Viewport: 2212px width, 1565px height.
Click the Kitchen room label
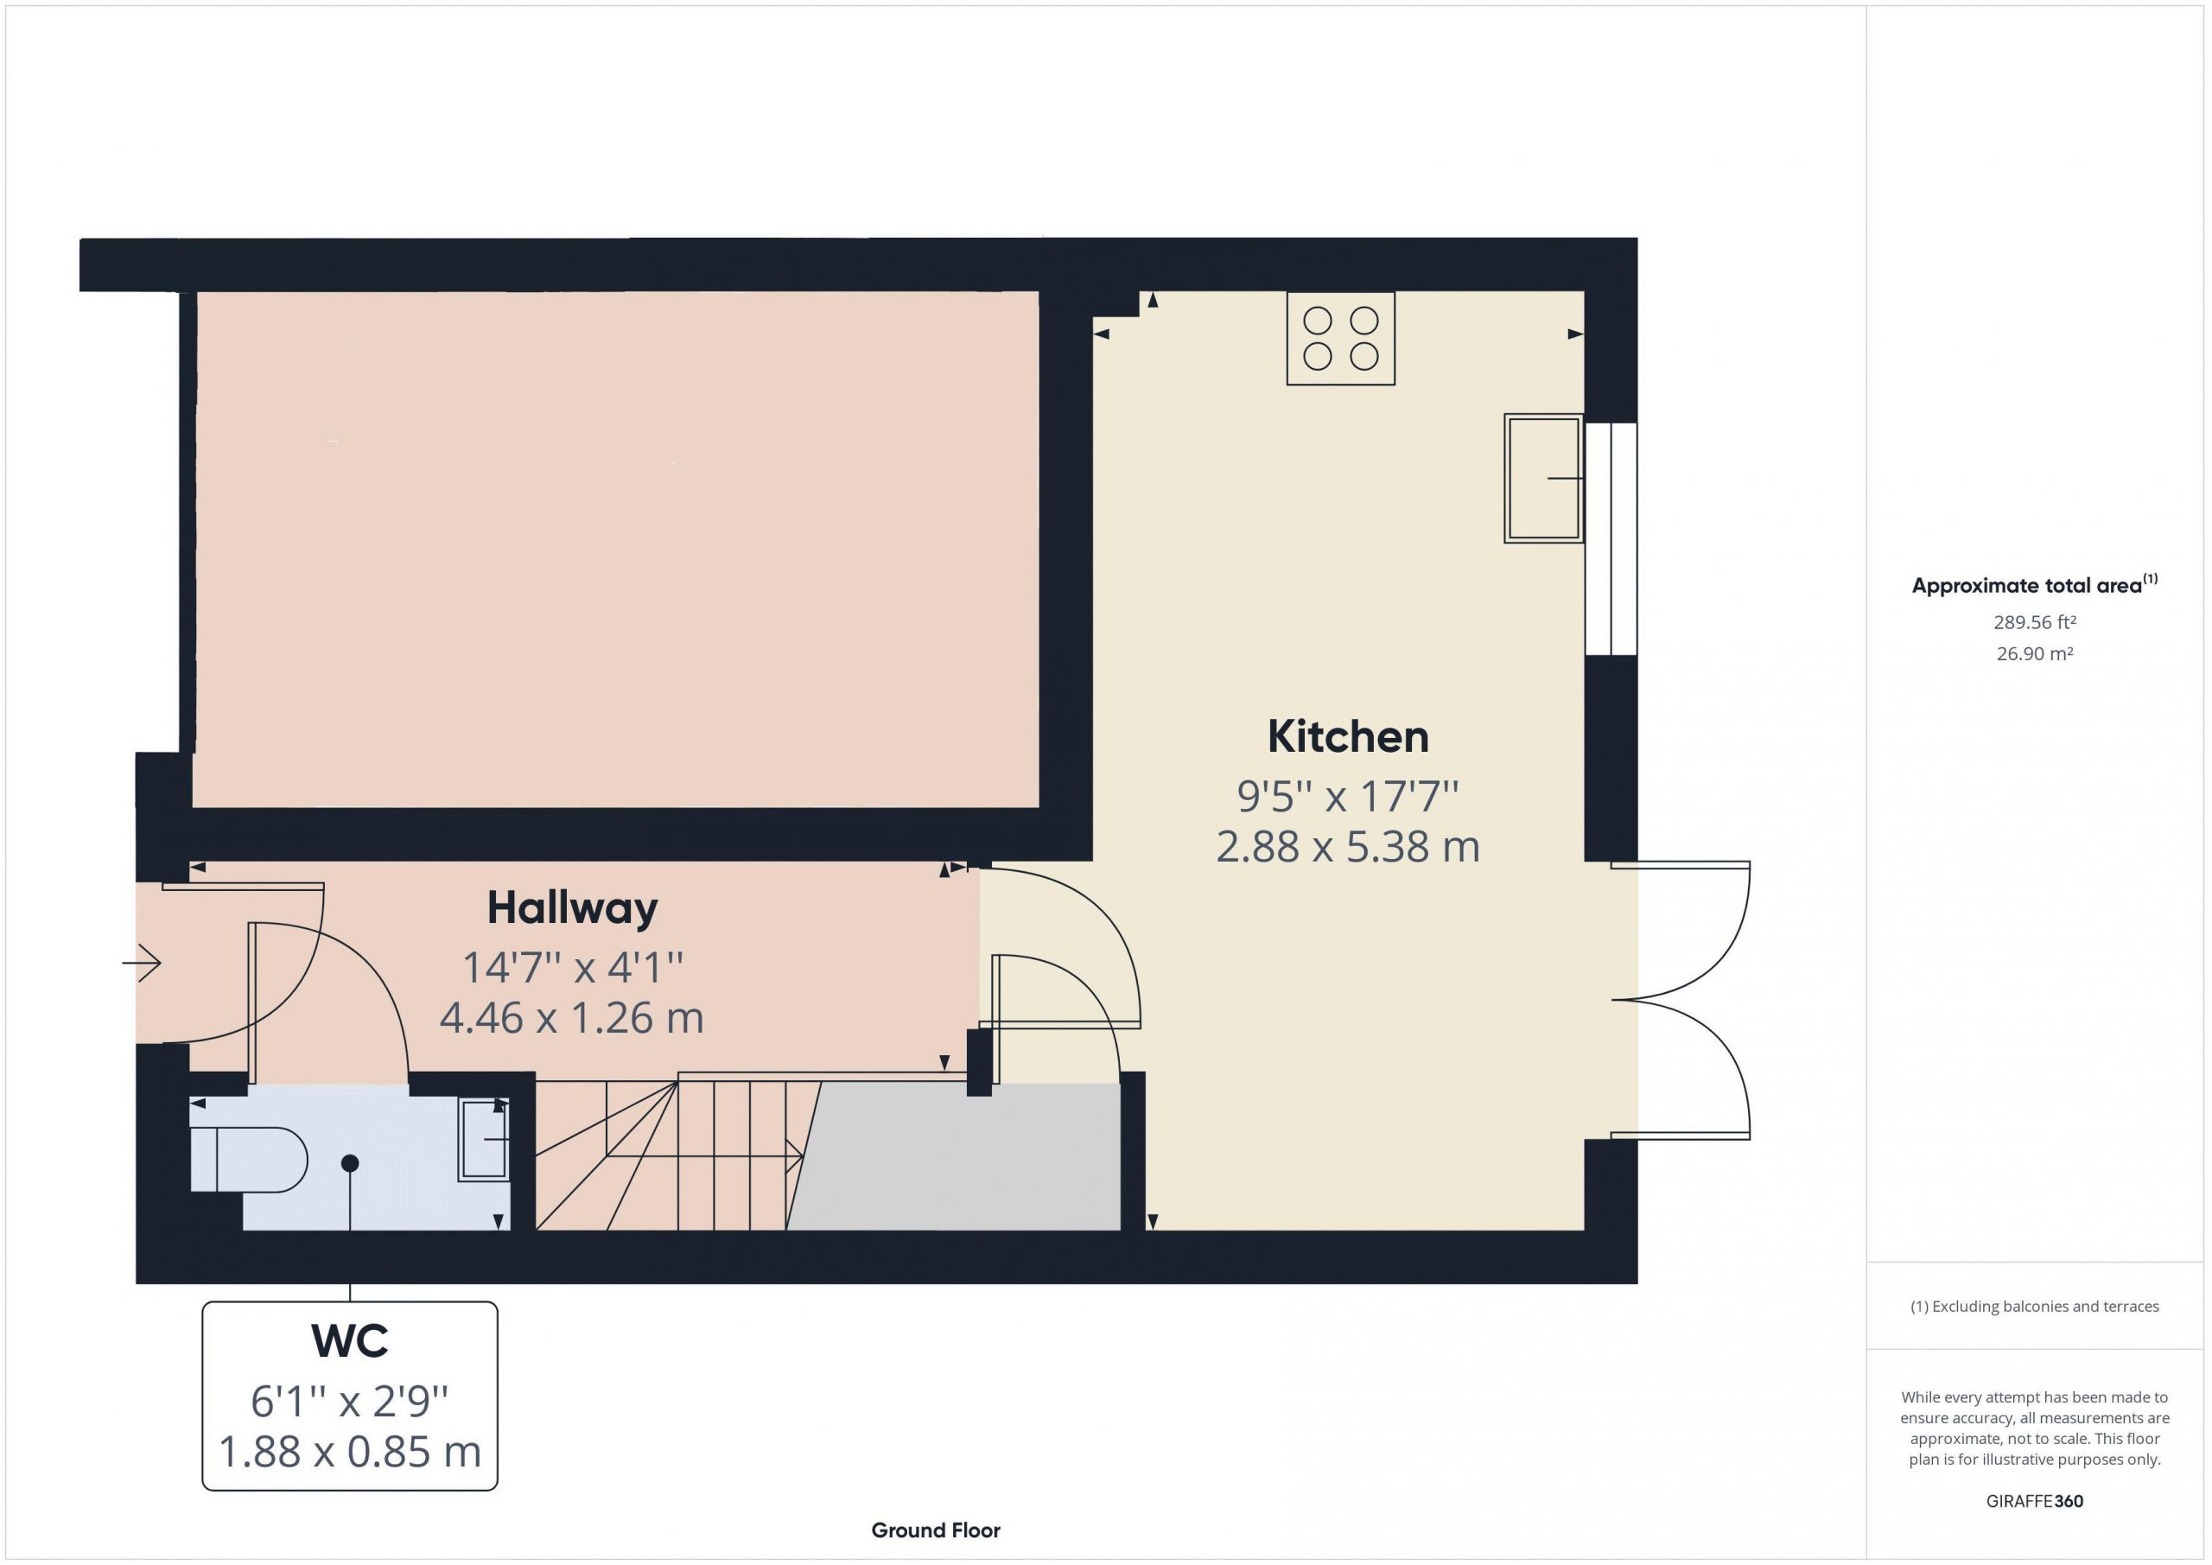coord(1347,737)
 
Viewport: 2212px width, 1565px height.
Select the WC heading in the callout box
coord(350,1341)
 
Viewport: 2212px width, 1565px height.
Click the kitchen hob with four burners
coord(1340,338)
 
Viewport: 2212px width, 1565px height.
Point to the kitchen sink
coord(1543,478)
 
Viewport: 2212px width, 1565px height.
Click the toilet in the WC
coord(249,1161)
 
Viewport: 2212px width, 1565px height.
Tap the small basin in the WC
coord(484,1140)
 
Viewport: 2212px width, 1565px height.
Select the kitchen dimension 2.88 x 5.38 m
coord(1347,847)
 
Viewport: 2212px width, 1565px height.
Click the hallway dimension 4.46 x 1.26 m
coord(571,1019)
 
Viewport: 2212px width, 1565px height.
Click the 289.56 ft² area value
coord(2035,622)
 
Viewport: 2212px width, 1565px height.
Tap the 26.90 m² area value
coord(2035,653)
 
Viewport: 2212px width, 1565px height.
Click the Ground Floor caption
coord(936,1530)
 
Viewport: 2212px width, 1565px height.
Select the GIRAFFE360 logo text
coord(2035,1501)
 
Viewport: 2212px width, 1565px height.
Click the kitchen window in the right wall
coord(1611,538)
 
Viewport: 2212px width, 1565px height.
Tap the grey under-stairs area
coord(954,1156)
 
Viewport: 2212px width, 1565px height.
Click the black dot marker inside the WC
coord(350,1164)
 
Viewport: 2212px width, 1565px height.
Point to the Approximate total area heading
coord(2035,585)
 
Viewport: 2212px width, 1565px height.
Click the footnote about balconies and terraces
coord(2035,1307)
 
